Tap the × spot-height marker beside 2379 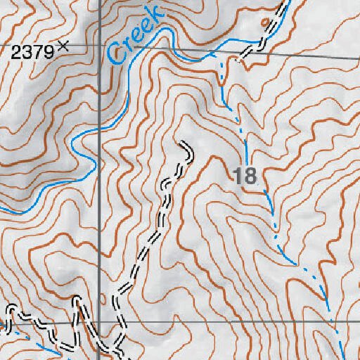click(x=63, y=46)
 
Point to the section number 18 click(x=245, y=176)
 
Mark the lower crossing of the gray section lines click(x=99, y=322)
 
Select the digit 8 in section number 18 click(x=251, y=176)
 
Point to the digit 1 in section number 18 click(x=240, y=176)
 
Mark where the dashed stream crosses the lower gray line click(x=337, y=324)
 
